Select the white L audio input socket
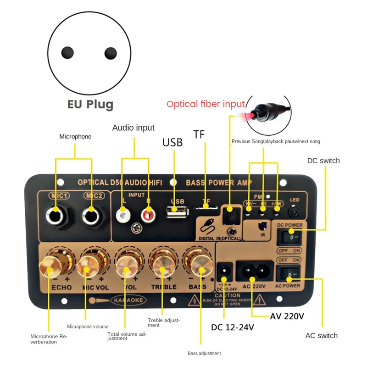point(122,214)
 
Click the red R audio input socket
point(148,214)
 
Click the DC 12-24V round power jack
point(224,269)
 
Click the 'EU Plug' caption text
point(90,104)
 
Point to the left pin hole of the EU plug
point(68,53)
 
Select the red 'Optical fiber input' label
point(206,104)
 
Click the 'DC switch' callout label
point(323,161)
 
